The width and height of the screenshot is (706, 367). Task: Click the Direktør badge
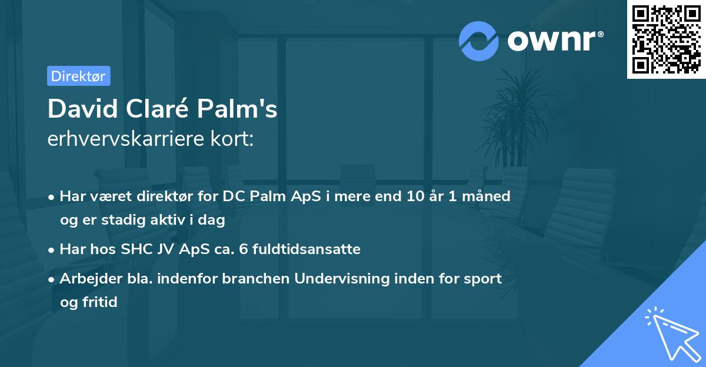tap(78, 76)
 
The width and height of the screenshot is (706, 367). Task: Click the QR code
tap(666, 39)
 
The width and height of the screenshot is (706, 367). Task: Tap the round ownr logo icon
tap(479, 41)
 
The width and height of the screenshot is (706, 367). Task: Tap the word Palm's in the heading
tap(238, 108)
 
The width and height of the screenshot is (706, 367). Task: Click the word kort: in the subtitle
tap(234, 139)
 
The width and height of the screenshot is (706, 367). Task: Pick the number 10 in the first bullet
tap(417, 196)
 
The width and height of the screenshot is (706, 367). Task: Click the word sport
tap(482, 278)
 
